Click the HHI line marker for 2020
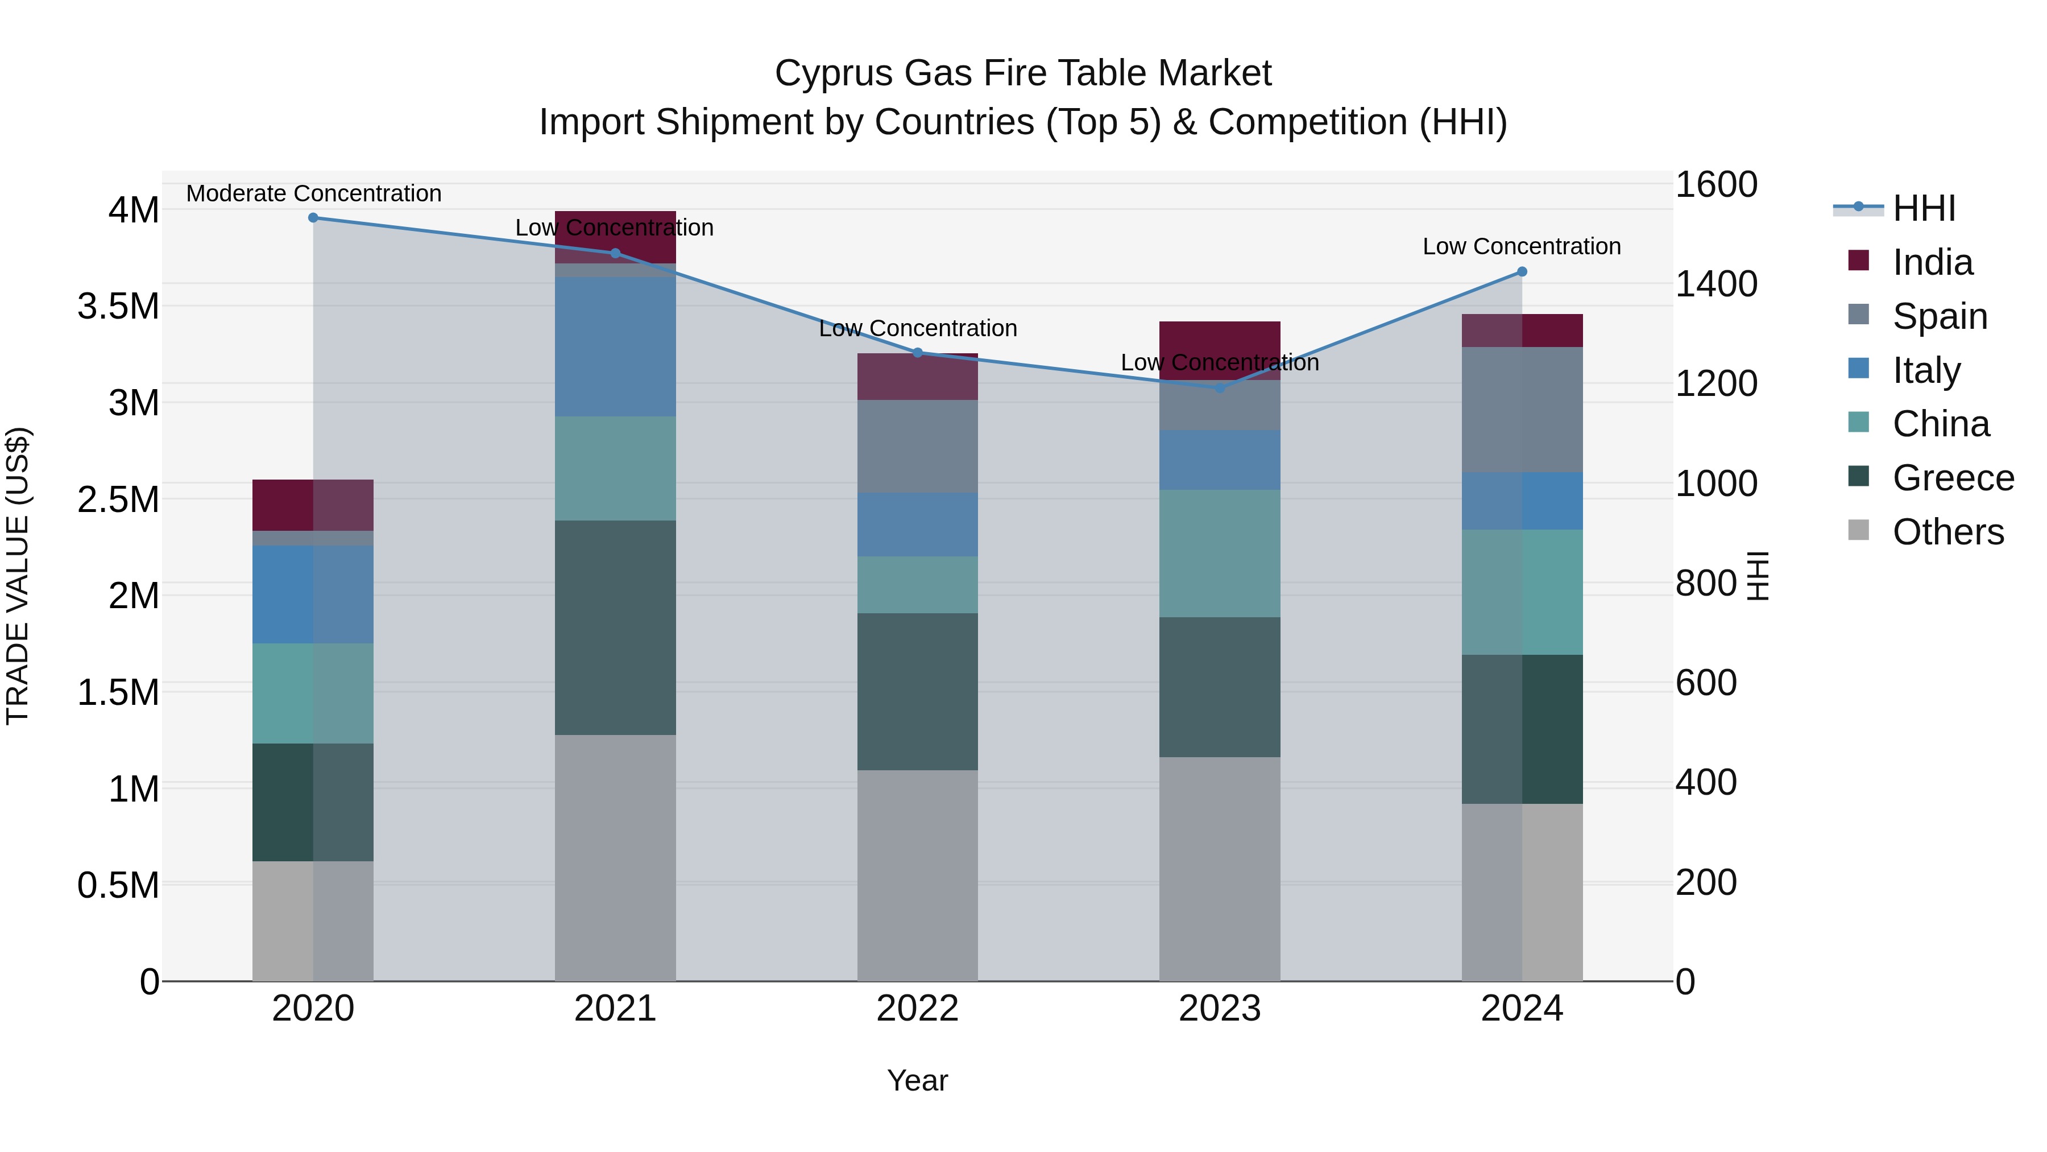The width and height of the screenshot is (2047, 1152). [x=313, y=218]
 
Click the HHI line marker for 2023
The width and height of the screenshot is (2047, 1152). [x=1220, y=388]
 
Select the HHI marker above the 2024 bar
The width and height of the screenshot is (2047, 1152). [x=1522, y=272]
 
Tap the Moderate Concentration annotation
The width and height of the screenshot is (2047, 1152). [x=313, y=193]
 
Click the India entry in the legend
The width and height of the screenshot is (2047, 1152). [x=1932, y=262]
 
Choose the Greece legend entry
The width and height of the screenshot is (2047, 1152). [x=1953, y=478]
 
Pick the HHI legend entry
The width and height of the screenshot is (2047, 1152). [x=1923, y=208]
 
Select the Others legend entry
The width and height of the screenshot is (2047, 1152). [x=1947, y=532]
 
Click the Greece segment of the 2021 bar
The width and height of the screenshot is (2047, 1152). [x=615, y=627]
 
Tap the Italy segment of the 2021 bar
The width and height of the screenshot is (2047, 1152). [x=615, y=346]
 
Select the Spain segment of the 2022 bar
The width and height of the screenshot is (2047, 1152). [x=917, y=446]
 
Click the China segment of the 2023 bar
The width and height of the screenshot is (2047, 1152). [x=1220, y=554]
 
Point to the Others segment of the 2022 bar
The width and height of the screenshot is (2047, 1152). [x=917, y=874]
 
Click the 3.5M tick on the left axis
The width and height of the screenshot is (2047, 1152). [x=118, y=306]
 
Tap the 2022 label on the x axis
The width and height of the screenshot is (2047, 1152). [x=917, y=1008]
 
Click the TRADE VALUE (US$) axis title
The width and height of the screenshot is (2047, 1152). [x=18, y=576]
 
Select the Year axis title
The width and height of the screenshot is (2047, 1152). [x=917, y=1080]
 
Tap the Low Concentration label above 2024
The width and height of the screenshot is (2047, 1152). [x=1521, y=246]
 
